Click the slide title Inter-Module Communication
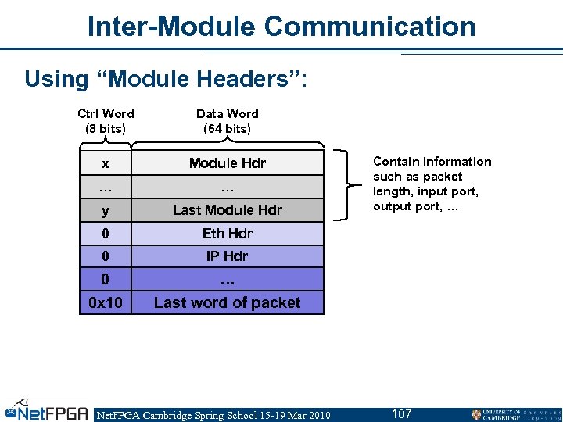(x=281, y=26)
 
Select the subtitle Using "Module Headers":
(x=166, y=79)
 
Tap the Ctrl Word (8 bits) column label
(x=106, y=121)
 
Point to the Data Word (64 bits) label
(x=227, y=121)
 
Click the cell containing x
(x=105, y=163)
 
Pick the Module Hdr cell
(x=227, y=163)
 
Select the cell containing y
(x=105, y=210)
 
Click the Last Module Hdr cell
(x=227, y=210)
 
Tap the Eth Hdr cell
(x=227, y=234)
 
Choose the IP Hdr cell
(x=227, y=256)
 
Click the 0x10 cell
(x=105, y=302)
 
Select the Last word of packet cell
(x=227, y=302)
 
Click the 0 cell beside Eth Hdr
(x=105, y=234)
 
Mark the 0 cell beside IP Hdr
(x=105, y=256)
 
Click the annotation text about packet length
(x=432, y=184)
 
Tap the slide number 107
(x=401, y=413)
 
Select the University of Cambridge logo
(x=513, y=414)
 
